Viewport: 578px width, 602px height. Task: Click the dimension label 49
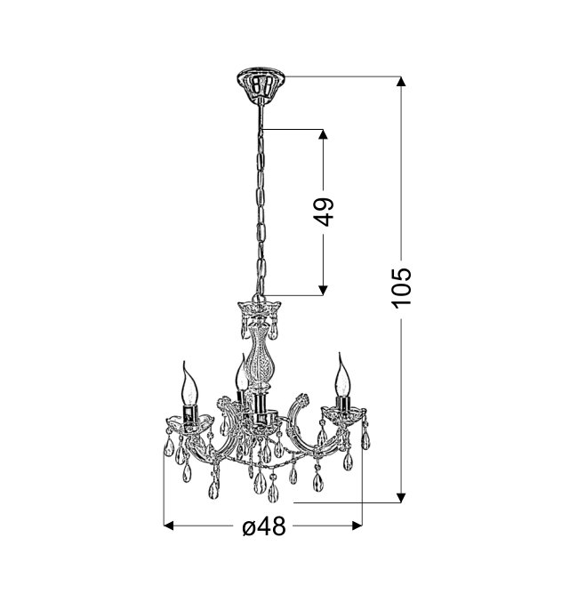pos(324,212)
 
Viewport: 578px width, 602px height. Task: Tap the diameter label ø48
pos(264,526)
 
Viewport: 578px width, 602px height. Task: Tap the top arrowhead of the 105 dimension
pos(401,82)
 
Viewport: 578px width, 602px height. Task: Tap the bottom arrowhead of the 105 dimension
pos(401,498)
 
